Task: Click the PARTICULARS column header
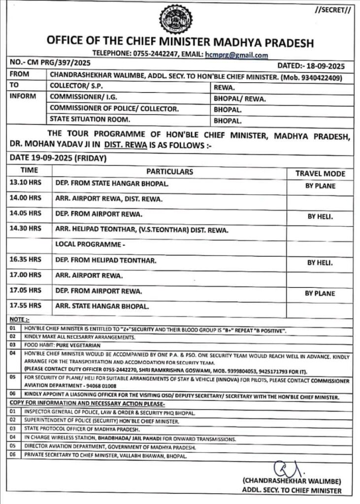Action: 169,172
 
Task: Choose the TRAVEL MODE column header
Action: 320,173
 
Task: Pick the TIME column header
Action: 29,170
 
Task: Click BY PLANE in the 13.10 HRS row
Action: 320,186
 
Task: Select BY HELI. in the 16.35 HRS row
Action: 320,263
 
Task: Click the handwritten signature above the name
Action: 284,466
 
